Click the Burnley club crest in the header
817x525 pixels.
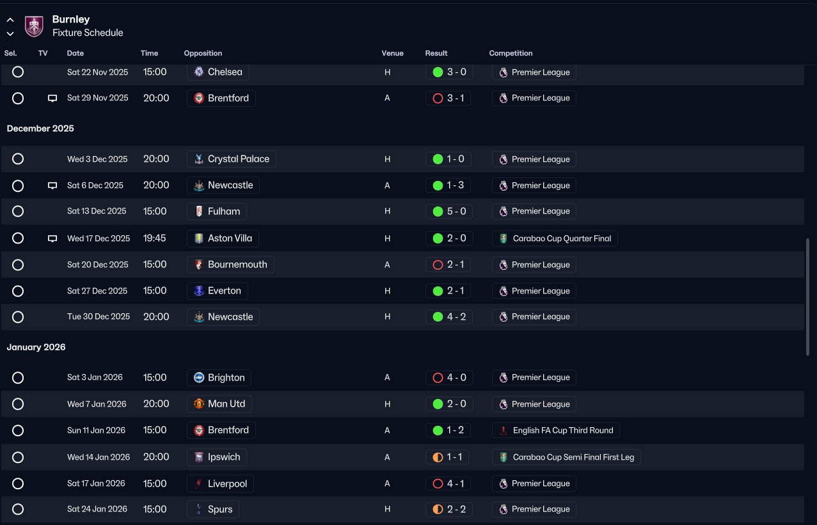tap(34, 26)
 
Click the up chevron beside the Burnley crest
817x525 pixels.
tap(10, 20)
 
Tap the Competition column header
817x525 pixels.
tap(511, 53)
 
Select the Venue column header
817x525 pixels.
tap(392, 53)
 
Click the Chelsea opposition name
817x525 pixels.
tap(225, 72)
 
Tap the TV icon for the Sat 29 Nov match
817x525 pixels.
tap(52, 98)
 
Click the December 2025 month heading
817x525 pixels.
tap(40, 129)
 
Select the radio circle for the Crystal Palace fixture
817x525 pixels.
tap(18, 159)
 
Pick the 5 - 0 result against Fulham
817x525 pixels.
tap(457, 211)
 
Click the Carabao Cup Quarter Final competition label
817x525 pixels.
tap(562, 239)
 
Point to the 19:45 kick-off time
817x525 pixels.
tap(154, 238)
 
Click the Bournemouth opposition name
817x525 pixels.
tap(237, 264)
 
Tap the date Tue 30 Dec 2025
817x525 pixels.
tap(99, 317)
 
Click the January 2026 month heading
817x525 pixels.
tap(36, 347)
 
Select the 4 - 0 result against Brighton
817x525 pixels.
tap(457, 377)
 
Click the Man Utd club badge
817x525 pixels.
tap(199, 404)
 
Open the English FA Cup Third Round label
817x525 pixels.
tap(563, 430)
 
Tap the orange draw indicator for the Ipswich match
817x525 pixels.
tap(438, 457)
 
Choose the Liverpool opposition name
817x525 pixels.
tap(227, 483)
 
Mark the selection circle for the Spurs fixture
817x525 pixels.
tap(18, 509)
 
